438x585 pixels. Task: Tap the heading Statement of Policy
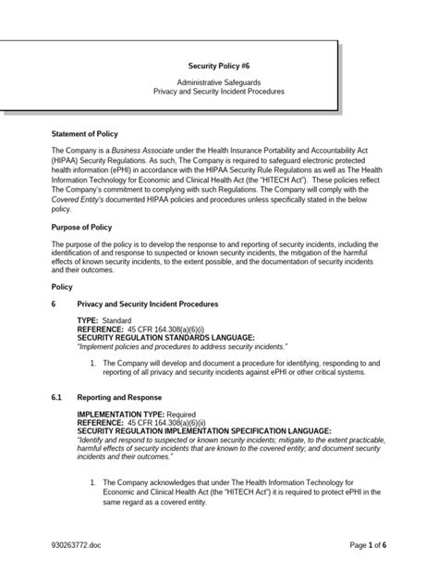pos(85,134)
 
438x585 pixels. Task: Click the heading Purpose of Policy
pos(82,227)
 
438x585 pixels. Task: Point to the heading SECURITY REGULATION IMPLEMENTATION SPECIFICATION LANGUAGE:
pos(203,431)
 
